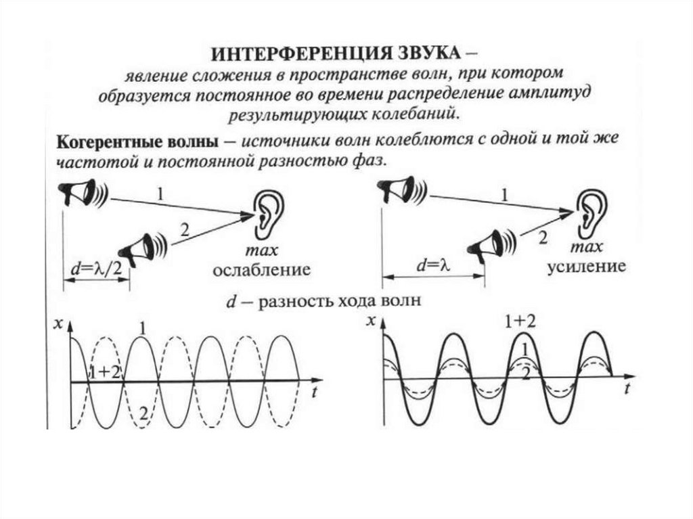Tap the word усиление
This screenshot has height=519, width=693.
[586, 267]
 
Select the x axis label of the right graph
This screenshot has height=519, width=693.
[370, 321]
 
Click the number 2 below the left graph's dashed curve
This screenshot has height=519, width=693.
[143, 413]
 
